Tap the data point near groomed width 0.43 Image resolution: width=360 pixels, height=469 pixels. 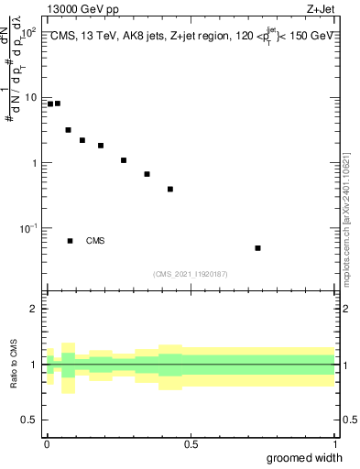(170, 190)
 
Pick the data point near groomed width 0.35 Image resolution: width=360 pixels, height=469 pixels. (147, 174)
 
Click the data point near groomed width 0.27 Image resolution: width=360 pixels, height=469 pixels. (124, 160)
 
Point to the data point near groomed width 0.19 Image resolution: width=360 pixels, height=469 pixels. (101, 146)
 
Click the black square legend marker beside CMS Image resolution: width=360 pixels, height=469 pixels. (71, 241)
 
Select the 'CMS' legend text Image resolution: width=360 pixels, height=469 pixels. (95, 241)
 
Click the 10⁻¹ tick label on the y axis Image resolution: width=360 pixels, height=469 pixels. (29, 228)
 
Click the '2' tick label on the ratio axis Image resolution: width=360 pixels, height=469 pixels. (35, 309)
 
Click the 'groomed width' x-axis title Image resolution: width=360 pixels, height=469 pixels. (305, 458)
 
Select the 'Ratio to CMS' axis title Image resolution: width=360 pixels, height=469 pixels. (12, 364)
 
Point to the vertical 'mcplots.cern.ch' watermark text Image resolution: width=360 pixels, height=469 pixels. (347, 247)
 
